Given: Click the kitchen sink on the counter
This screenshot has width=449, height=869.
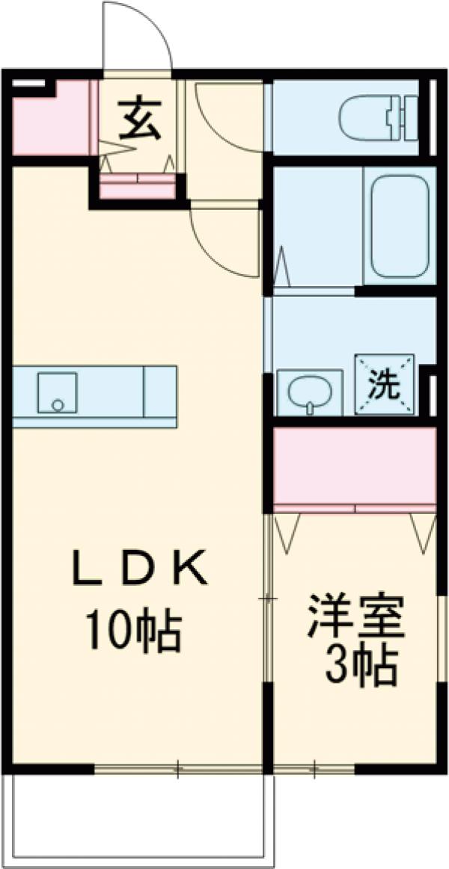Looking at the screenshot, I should pos(57,392).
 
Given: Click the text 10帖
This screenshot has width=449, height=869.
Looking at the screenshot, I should pos(133,630).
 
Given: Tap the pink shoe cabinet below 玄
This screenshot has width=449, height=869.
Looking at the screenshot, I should pos(138,188).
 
